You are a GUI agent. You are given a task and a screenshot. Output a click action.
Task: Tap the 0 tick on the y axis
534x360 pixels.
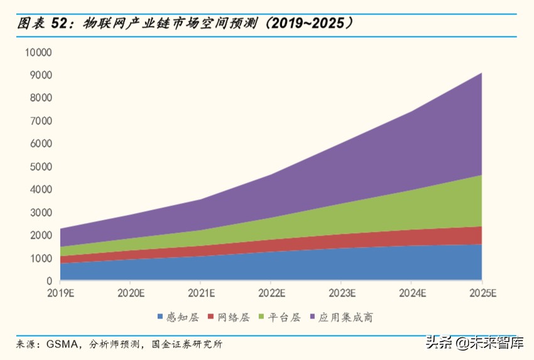(48, 281)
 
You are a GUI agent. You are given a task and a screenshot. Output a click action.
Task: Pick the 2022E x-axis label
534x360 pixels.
(271, 293)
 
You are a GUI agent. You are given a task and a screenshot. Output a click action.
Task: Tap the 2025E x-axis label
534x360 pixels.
(481, 293)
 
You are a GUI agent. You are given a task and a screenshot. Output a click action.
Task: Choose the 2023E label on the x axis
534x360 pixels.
(341, 293)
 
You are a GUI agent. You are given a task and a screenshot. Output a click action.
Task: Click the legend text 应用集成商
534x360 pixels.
(346, 317)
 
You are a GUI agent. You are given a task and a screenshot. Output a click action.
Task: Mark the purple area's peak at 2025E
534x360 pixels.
(481, 73)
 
